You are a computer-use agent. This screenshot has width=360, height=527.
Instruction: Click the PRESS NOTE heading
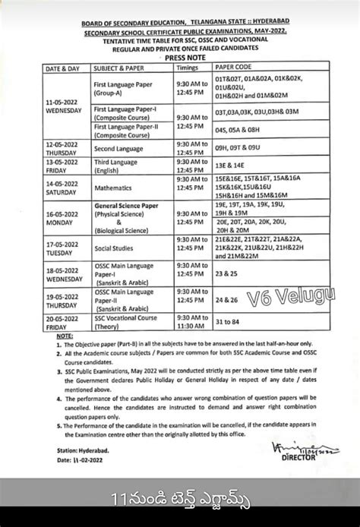click(x=179, y=55)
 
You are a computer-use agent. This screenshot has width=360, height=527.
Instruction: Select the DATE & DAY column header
click(x=63, y=66)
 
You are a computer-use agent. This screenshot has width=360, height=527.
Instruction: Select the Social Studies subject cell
click(x=115, y=248)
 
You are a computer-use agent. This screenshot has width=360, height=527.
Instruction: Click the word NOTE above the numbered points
click(x=65, y=335)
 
